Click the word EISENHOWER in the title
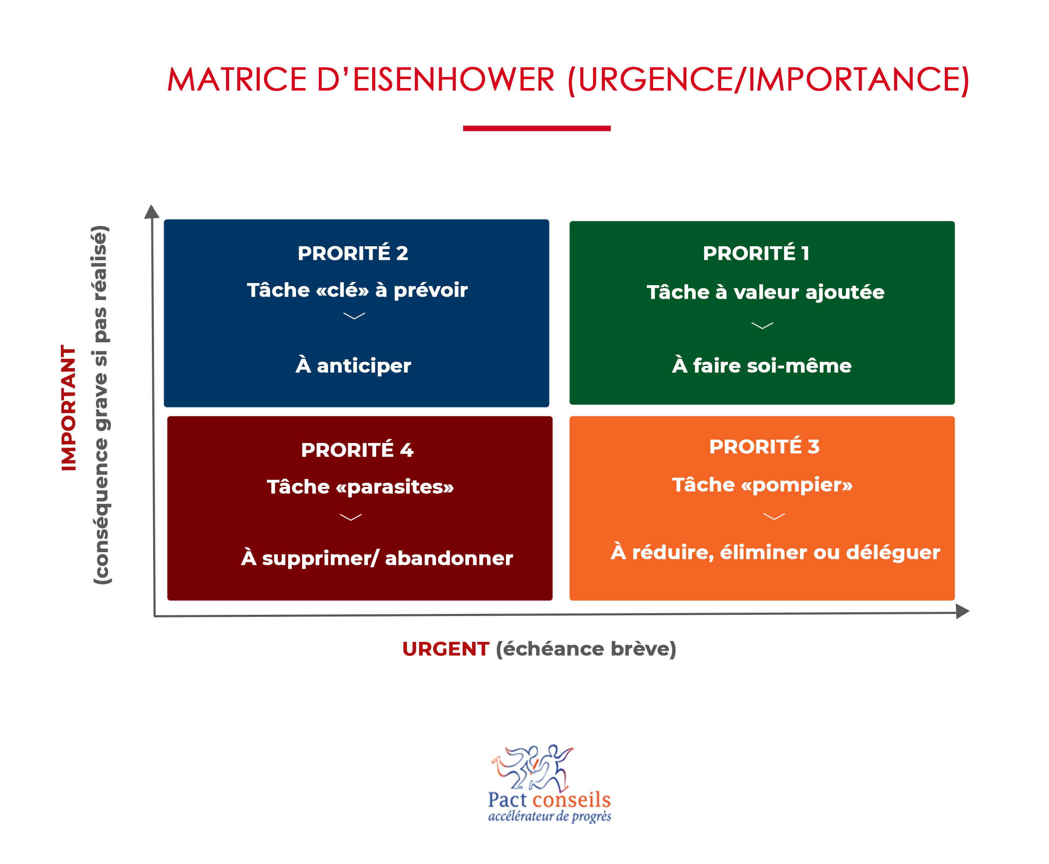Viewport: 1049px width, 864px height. pos(453,79)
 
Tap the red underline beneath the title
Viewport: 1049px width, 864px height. pos(536,128)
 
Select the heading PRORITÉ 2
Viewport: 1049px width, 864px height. pos(353,253)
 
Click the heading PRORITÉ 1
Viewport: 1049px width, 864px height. pos(756,253)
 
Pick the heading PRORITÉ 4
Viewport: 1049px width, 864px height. pos(357,449)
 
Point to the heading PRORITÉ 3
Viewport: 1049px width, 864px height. pos(764,446)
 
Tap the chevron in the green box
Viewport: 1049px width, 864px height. pos(762,325)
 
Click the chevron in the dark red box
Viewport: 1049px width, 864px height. pos(350,517)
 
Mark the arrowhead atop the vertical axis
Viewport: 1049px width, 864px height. pos(152,212)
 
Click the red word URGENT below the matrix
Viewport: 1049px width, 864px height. pos(445,649)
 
